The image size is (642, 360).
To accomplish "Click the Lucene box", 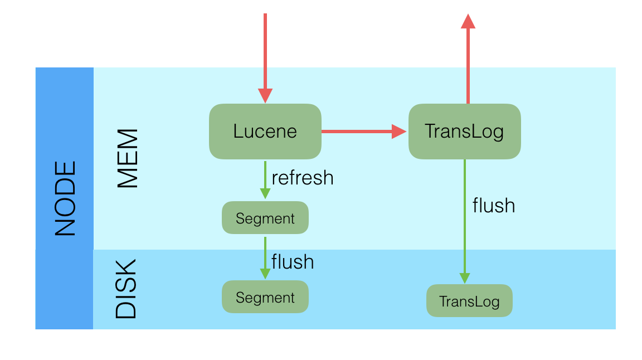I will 265,132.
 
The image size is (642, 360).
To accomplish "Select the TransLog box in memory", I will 464,132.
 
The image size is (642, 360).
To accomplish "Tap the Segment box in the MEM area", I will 265,218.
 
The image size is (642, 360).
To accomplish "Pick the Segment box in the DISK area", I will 265,297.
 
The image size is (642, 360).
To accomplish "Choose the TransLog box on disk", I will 469,301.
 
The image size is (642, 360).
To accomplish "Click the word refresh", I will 302,178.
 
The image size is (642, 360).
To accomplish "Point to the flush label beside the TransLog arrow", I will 493,206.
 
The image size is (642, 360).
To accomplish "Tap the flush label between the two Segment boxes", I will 292,261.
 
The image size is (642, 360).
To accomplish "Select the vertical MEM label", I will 128,159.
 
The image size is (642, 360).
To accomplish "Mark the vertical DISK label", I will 126,289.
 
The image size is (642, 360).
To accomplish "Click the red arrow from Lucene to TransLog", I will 357,132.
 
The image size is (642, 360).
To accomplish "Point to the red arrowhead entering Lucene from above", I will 265,96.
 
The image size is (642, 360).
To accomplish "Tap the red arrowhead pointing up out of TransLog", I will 468,21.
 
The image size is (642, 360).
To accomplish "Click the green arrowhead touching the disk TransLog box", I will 465,278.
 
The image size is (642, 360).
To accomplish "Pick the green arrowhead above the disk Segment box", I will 265,274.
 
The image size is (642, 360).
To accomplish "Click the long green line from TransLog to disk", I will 465,223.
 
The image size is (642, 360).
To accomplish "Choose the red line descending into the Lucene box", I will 265,50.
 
